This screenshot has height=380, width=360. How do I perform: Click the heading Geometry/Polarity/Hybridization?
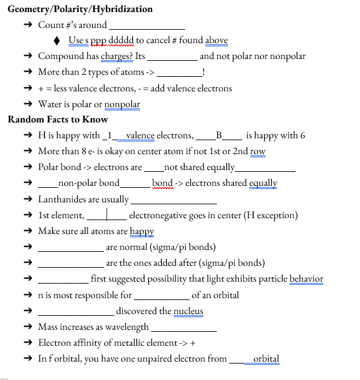80,9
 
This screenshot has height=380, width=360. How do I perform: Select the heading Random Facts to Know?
58,119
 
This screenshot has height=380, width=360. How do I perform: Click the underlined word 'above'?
216,41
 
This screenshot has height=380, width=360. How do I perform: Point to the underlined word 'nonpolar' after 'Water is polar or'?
122,104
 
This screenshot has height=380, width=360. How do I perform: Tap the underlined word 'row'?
257,152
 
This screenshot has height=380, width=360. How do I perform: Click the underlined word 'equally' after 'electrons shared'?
263,183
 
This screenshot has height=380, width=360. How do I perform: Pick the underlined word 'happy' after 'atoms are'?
142,231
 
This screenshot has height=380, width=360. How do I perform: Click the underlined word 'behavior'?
306,278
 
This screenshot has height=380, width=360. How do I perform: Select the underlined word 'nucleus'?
188,311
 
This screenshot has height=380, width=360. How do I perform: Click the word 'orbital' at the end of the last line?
266,358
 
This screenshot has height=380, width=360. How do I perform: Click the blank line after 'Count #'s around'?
147,27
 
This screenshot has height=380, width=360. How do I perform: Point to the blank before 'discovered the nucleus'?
75,312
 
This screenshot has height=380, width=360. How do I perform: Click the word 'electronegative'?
161,215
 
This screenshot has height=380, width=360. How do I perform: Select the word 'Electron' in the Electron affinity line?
55,343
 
